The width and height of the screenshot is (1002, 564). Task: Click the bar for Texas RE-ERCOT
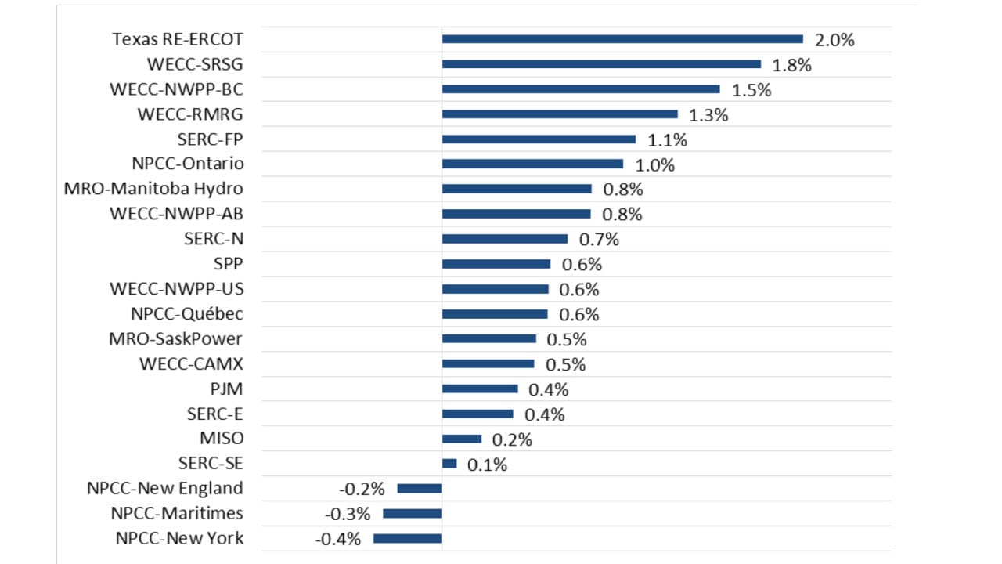pyautogui.click(x=622, y=39)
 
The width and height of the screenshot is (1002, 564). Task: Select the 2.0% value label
pyautogui.click(x=834, y=40)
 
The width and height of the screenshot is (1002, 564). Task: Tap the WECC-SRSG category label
pyautogui.click(x=195, y=64)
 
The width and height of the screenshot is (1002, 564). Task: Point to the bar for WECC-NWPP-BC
pyautogui.click(x=581, y=89)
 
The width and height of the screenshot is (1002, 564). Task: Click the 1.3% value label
pyautogui.click(x=708, y=115)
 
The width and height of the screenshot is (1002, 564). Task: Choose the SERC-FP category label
pyautogui.click(x=211, y=139)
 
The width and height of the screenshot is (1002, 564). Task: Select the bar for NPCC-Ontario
pyautogui.click(x=532, y=164)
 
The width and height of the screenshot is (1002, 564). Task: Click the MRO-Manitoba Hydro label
pyautogui.click(x=153, y=189)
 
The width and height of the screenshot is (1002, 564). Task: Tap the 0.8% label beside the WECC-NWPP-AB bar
pyautogui.click(x=622, y=215)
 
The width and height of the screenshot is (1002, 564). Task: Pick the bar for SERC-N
pyautogui.click(x=505, y=239)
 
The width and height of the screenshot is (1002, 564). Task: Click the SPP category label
pyautogui.click(x=229, y=264)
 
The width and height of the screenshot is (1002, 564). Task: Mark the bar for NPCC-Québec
pyautogui.click(x=495, y=314)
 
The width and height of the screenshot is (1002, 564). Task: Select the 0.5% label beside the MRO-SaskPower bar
pyautogui.click(x=566, y=340)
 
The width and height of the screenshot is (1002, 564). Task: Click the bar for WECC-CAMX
pyautogui.click(x=488, y=364)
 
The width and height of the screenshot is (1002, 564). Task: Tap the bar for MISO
pyautogui.click(x=462, y=439)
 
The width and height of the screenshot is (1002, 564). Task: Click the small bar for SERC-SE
pyautogui.click(x=449, y=464)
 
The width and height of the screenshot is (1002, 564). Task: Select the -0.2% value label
pyautogui.click(x=362, y=490)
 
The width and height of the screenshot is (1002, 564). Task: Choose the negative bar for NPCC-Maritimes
pyautogui.click(x=412, y=514)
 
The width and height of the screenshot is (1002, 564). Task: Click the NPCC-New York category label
pyautogui.click(x=179, y=539)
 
